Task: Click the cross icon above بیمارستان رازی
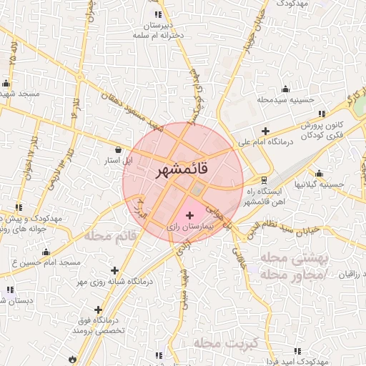point(189,215)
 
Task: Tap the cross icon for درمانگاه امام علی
point(265,131)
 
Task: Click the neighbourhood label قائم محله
point(108,235)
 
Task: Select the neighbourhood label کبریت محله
point(219,345)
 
